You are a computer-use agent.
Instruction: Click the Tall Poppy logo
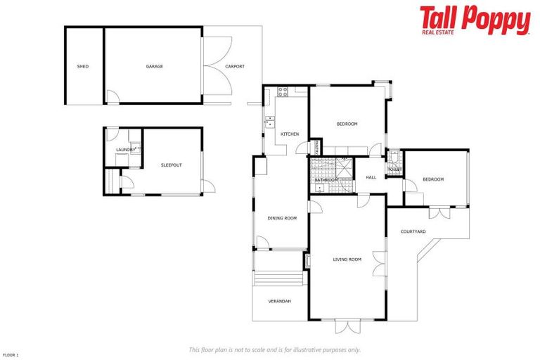(x=475, y=20)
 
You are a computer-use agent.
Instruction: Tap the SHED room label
(x=83, y=67)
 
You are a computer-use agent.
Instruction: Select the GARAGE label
(x=155, y=67)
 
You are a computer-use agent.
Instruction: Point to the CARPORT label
(x=235, y=67)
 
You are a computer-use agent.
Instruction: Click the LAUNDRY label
(x=126, y=150)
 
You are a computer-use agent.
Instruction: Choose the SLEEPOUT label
(x=172, y=165)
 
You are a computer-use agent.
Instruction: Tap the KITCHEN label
(x=290, y=134)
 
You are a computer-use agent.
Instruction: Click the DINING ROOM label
(x=282, y=218)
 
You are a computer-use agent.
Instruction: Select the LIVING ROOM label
(x=347, y=259)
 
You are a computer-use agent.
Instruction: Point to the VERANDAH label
(x=279, y=302)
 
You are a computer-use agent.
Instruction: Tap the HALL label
(x=371, y=177)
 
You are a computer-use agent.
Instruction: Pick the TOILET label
(x=394, y=170)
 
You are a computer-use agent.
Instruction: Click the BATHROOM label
(x=326, y=180)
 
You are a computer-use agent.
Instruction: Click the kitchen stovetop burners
(x=283, y=90)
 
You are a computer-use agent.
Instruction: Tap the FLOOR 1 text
(x=11, y=355)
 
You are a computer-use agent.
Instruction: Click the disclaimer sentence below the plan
(x=274, y=349)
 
